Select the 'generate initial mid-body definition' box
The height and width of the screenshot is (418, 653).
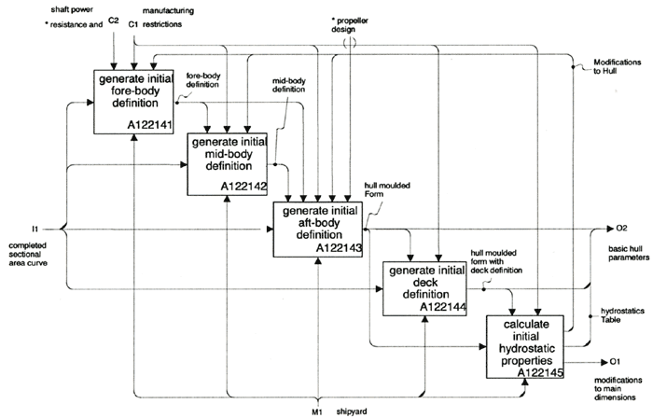[x=229, y=163]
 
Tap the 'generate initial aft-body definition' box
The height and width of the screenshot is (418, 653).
[x=317, y=229]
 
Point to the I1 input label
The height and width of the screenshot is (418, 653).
[x=34, y=227]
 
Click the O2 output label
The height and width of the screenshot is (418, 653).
[x=622, y=227]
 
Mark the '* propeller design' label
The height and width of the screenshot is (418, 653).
[x=351, y=23]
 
